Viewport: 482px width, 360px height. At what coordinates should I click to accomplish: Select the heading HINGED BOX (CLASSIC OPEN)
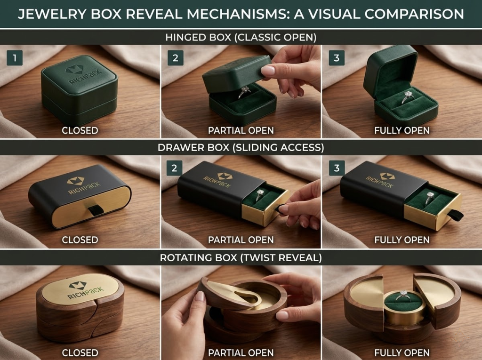coord(241,37)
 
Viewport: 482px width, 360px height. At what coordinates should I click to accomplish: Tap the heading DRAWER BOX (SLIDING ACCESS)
coord(241,147)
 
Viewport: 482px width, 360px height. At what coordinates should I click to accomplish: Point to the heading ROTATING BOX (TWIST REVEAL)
coord(241,257)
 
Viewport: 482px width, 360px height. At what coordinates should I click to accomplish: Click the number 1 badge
coord(15,58)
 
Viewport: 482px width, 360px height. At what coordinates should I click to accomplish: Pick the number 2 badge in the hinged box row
coord(175,58)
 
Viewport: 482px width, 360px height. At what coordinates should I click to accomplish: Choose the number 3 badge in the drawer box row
coord(336,168)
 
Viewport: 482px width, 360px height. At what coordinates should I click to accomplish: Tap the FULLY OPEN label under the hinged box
coord(402,130)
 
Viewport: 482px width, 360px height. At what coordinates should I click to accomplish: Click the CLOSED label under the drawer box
coord(80,240)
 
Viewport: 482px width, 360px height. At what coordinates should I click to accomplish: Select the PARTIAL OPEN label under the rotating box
coord(241,352)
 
